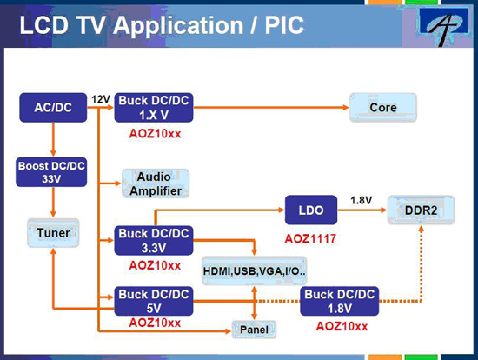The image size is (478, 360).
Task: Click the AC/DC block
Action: point(53,107)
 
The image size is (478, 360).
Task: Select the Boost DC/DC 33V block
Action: point(51,172)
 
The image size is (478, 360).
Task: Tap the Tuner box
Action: point(53,233)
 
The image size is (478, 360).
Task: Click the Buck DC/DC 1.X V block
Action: point(154,107)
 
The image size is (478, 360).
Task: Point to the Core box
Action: point(383,107)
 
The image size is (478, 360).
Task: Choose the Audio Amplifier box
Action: point(156,183)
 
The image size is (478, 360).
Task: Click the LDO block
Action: point(311,210)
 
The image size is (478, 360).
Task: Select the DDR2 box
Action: point(421,210)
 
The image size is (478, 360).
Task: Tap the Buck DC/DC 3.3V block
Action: point(154,240)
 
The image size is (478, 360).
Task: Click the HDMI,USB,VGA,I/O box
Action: point(255,270)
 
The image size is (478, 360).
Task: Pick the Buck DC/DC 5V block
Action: point(154,301)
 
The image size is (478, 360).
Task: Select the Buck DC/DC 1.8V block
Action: point(339,301)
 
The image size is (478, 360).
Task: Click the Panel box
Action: point(254,330)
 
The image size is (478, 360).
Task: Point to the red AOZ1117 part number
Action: point(310,238)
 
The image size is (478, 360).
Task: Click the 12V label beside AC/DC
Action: point(101,99)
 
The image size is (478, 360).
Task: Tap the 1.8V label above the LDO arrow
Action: point(361,200)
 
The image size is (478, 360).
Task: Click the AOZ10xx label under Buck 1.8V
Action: point(342,326)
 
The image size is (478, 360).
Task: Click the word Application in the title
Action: point(178,26)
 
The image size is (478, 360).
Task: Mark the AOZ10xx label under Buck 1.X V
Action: point(155,134)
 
